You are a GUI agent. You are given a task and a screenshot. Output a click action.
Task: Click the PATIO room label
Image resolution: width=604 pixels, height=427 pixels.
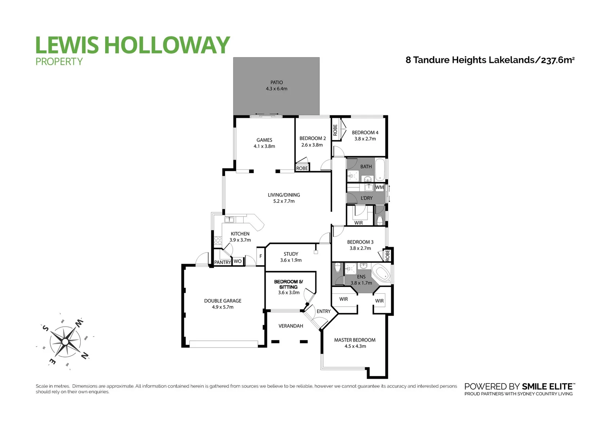coord(276,83)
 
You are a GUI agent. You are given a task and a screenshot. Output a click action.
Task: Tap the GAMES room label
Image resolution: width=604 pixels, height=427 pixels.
coord(264,140)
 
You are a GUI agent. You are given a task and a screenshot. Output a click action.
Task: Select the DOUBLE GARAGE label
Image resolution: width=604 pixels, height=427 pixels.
coord(223,301)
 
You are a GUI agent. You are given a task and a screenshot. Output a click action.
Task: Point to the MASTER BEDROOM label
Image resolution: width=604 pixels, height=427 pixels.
coord(355,340)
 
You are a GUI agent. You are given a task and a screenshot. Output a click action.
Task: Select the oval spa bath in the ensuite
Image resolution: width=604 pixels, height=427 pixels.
coord(382,273)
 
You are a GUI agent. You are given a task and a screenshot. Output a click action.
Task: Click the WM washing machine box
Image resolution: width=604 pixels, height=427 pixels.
coord(379,187)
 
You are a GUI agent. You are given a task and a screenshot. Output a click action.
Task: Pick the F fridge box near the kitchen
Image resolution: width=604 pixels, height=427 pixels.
coord(261,256)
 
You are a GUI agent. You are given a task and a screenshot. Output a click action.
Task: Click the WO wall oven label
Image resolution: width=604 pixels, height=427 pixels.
coord(237,261)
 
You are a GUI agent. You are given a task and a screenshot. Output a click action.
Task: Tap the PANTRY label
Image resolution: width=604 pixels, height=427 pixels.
coord(222,262)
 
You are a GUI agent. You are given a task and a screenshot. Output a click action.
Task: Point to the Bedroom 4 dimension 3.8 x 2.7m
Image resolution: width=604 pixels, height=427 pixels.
coord(365,139)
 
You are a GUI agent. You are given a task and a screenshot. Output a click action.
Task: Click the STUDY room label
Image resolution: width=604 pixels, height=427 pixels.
coord(291,254)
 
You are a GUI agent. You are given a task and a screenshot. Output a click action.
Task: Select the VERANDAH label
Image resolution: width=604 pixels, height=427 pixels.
coord(291,326)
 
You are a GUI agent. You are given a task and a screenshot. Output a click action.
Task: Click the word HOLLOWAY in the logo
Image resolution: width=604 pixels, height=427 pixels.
coord(167,45)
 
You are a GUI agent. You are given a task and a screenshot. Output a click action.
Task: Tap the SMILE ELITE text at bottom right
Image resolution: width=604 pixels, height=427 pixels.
coord(548,387)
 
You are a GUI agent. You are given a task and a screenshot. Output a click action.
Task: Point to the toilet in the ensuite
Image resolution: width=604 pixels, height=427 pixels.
coord(337,268)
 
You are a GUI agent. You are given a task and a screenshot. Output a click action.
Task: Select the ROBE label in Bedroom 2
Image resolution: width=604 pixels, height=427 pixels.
coord(302,168)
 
